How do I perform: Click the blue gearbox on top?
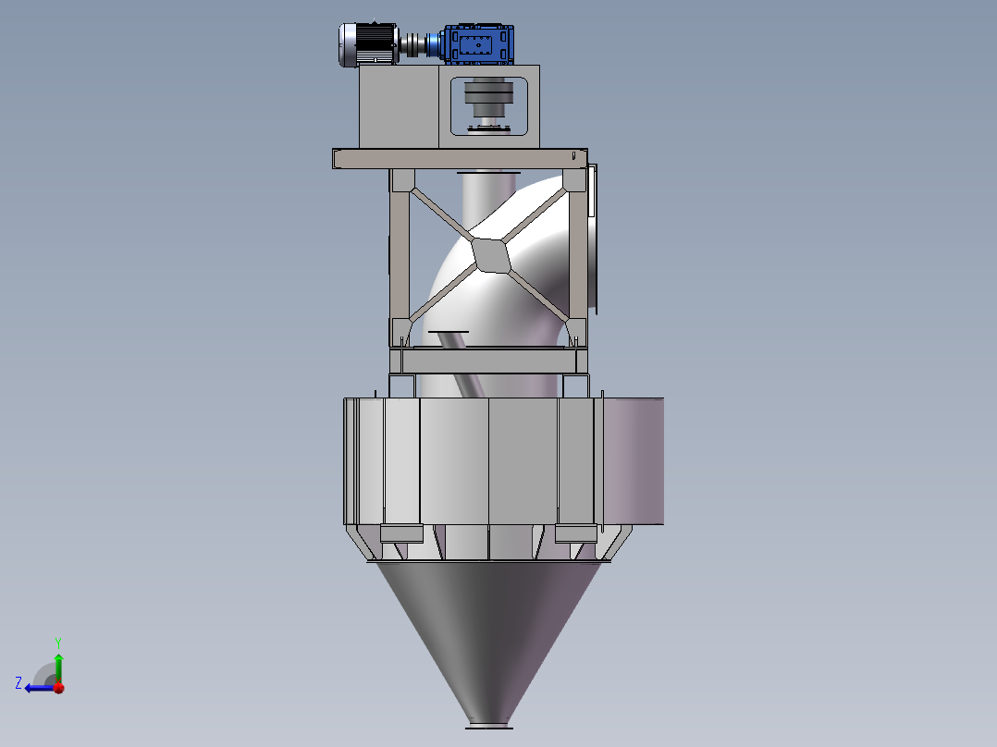click(x=479, y=44)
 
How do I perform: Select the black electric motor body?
click(x=375, y=43)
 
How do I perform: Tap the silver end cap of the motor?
click(x=347, y=44)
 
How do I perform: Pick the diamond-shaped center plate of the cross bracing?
click(x=491, y=255)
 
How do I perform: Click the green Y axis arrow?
click(x=58, y=667)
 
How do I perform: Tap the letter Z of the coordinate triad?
click(x=18, y=683)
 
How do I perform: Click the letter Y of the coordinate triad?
click(x=58, y=643)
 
